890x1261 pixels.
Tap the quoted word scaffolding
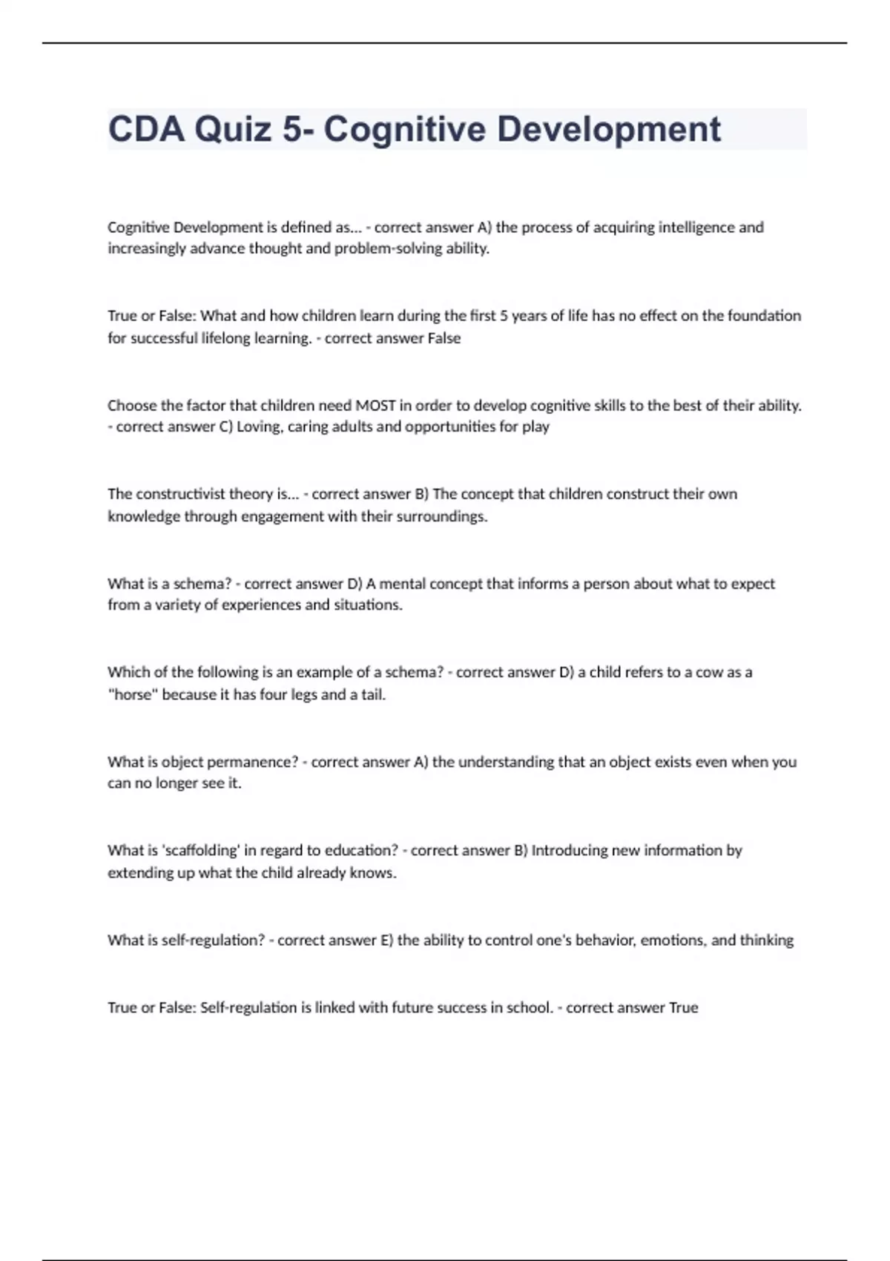tap(200, 851)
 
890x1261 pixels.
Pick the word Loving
tap(257, 427)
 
